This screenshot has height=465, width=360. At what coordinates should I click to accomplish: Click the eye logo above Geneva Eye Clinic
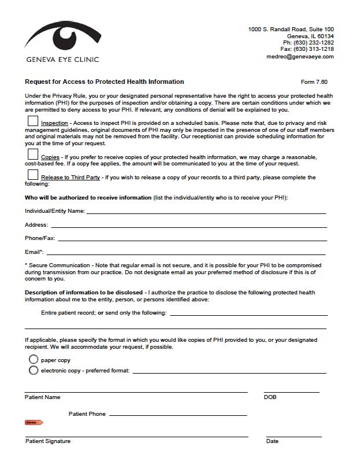(63, 36)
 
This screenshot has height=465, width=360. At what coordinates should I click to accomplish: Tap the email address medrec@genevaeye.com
(300, 57)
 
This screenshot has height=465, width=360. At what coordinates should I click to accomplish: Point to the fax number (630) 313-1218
(313, 50)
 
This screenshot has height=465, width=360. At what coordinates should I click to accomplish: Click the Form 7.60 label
(314, 82)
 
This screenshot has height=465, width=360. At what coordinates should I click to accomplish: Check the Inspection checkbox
(33, 121)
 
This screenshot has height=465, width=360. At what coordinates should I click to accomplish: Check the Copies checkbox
(33, 155)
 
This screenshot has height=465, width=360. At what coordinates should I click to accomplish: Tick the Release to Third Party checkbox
(33, 175)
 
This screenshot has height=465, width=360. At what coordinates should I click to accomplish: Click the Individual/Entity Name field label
(55, 211)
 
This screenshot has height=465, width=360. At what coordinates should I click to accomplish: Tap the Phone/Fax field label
(40, 238)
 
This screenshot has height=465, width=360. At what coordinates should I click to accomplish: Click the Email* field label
(34, 252)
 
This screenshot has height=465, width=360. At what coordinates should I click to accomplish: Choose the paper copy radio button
(34, 360)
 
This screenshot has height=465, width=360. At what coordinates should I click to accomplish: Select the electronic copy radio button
(34, 370)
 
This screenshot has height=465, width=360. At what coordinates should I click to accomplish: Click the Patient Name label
(42, 397)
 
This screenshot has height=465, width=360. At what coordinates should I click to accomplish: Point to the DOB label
(270, 397)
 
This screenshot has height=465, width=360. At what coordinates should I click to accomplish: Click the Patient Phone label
(87, 414)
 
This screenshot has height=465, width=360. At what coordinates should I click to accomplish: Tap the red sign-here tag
(34, 423)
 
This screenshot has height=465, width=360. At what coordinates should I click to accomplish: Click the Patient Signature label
(48, 441)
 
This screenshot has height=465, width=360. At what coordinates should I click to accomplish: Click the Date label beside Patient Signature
(272, 441)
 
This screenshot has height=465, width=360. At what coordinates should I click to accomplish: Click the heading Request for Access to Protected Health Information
(105, 82)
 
